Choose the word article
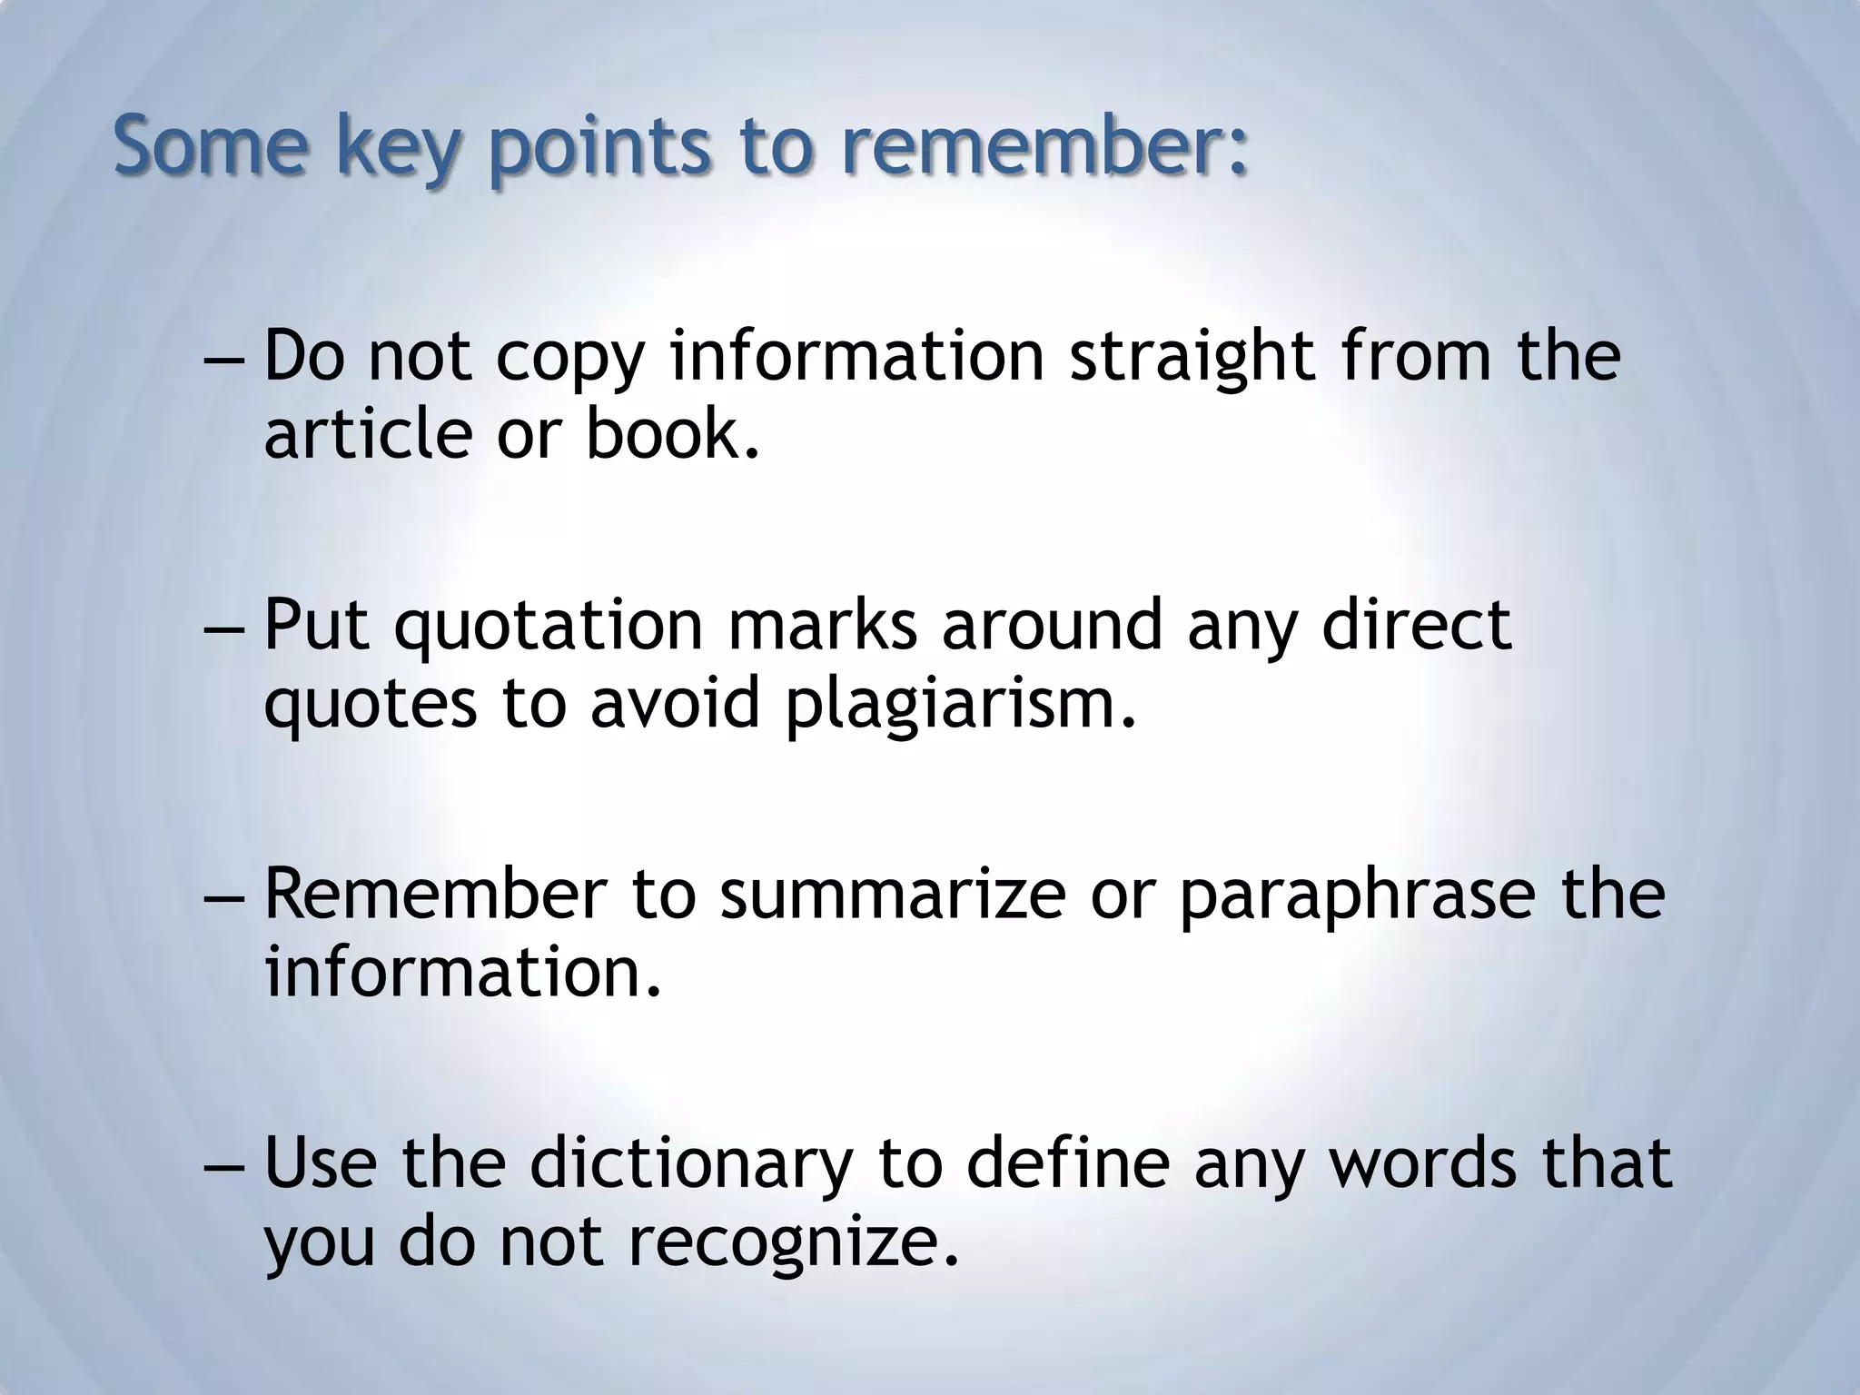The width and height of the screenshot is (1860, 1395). click(368, 433)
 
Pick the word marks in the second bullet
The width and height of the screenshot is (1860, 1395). click(823, 627)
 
